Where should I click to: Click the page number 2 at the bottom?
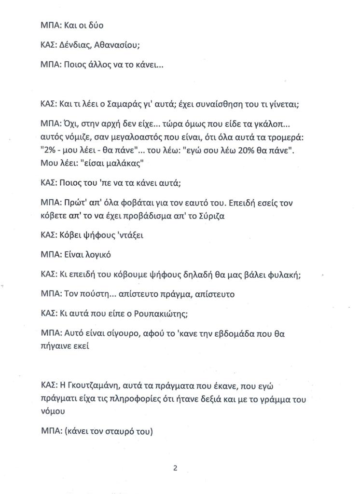176,467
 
